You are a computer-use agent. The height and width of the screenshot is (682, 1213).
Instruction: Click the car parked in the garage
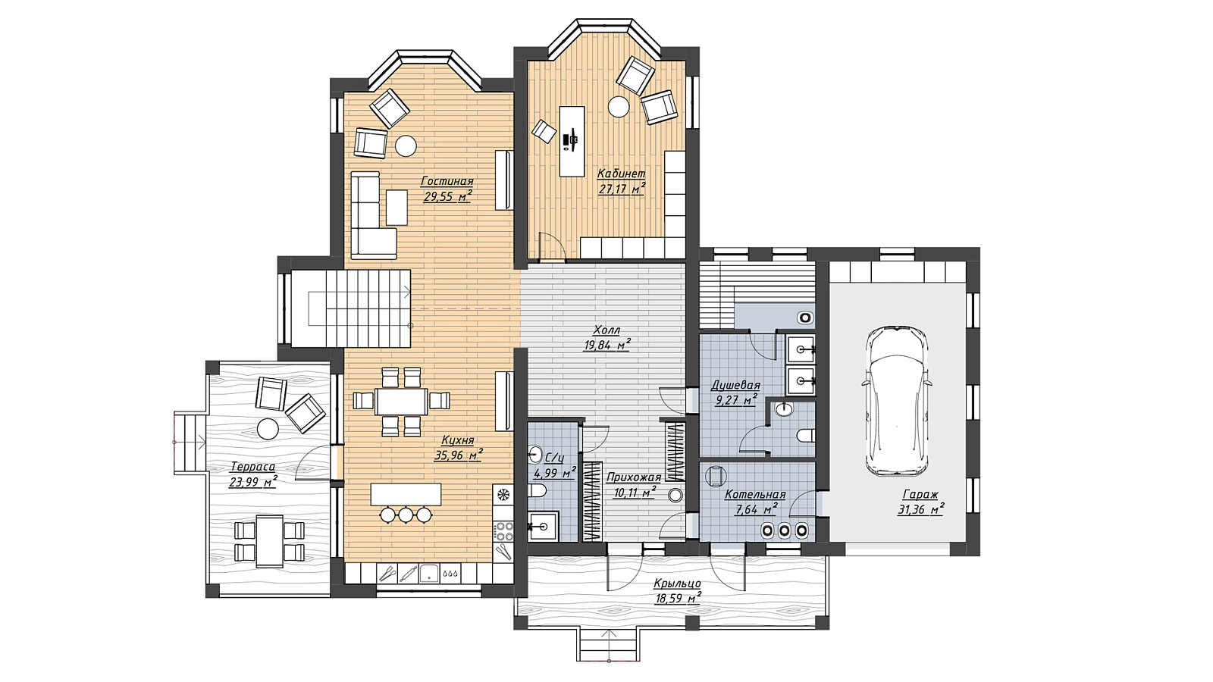point(897,401)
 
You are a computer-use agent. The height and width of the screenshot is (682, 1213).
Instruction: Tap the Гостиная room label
point(447,181)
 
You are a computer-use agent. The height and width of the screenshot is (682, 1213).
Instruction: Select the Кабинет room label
point(621,174)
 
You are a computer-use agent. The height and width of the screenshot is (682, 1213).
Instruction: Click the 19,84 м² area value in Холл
point(606,345)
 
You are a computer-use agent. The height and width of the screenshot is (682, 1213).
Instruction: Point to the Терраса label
point(253,467)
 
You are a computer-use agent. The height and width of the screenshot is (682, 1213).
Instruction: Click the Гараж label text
point(920,494)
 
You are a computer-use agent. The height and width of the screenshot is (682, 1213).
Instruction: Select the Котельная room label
point(755,494)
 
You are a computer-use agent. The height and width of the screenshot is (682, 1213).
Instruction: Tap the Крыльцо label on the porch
point(677,583)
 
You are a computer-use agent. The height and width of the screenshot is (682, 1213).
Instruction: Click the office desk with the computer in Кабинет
point(572,141)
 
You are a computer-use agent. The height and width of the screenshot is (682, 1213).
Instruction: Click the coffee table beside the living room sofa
point(396,208)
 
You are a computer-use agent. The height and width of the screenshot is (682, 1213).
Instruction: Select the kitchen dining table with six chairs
point(401,401)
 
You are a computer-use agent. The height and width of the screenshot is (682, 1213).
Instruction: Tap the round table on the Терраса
point(268,429)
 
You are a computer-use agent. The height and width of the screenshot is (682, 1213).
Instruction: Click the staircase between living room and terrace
point(351,308)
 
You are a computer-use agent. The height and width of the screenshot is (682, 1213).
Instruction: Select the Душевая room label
point(735,386)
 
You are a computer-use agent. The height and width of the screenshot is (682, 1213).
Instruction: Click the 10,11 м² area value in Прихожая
point(634,493)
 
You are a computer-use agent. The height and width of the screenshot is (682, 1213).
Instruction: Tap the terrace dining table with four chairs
point(269,541)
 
